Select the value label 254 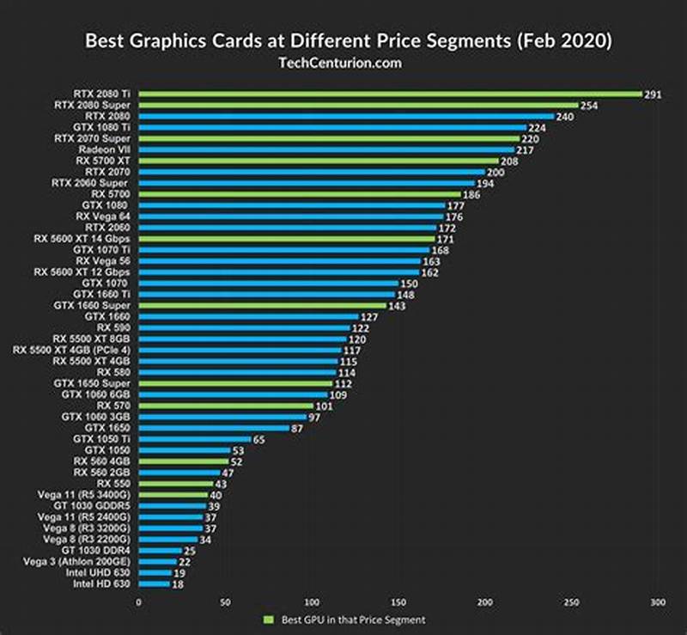(x=589, y=105)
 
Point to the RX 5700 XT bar (x=318, y=160)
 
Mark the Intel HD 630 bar (x=154, y=583)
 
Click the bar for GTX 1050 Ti (x=195, y=439)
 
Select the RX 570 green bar (x=226, y=406)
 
